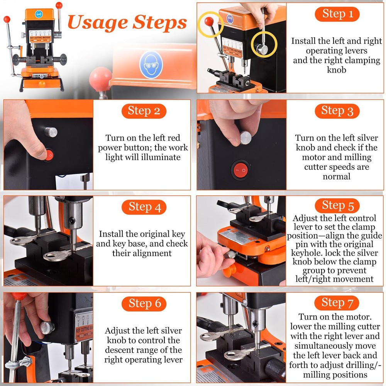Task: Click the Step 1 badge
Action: (x=337, y=14)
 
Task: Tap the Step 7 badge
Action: (x=337, y=303)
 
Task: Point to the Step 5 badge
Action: (x=337, y=205)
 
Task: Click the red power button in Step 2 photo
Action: (x=49, y=155)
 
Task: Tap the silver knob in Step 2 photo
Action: (x=51, y=132)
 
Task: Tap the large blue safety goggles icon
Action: (x=151, y=64)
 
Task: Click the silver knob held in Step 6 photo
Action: (x=47, y=327)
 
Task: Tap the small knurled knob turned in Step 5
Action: (x=231, y=254)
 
